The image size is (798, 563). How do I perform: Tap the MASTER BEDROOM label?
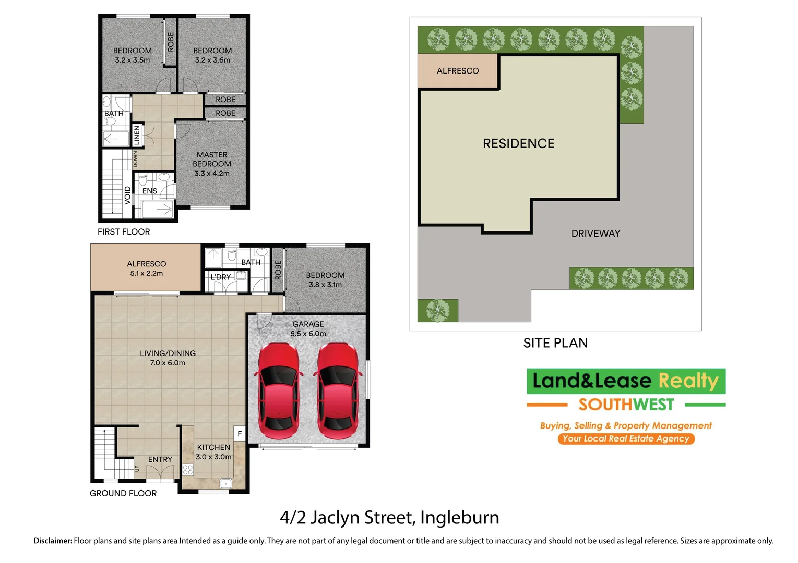click(212, 159)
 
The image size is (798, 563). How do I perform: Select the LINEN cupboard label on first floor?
click(137, 135)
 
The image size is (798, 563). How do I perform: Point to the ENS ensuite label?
click(150, 191)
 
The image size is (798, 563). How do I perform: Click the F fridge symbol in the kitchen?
click(240, 433)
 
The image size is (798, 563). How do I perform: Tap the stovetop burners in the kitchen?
click(188, 470)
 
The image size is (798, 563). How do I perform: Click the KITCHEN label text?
click(213, 447)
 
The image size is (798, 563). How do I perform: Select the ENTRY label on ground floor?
click(160, 459)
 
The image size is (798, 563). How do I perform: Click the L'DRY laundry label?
click(220, 277)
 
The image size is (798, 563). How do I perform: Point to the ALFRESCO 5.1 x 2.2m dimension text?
click(147, 273)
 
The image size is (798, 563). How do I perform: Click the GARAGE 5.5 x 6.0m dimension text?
click(308, 334)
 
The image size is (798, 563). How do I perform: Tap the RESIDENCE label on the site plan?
click(518, 143)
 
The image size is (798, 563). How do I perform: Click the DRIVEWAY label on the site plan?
click(595, 234)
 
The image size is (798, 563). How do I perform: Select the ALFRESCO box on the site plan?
click(458, 71)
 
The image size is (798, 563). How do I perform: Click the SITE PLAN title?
click(555, 343)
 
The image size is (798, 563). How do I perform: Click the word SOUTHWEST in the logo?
click(626, 405)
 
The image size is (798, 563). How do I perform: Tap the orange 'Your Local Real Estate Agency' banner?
click(626, 438)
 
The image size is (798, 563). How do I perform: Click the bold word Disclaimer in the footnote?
click(53, 541)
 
